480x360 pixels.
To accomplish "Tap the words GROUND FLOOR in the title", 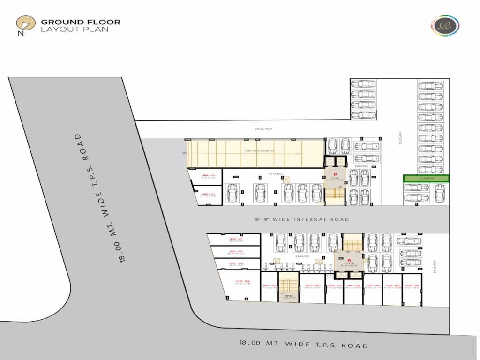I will pyautogui.click(x=81, y=22).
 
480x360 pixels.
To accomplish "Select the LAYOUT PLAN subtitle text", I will pyautogui.click(x=75, y=29).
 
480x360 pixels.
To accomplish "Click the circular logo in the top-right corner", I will pyautogui.click(x=442, y=25).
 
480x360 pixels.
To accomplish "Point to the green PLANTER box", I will pyautogui.click(x=426, y=178).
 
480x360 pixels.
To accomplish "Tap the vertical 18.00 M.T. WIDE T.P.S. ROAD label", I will pyautogui.click(x=100, y=197).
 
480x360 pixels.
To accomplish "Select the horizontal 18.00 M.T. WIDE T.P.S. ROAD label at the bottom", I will pyautogui.click(x=303, y=344).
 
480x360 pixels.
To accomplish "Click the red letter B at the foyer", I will pyautogui.click(x=335, y=174).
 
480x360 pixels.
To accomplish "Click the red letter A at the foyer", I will pyautogui.click(x=349, y=260).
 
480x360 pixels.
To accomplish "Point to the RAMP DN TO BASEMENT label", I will pyautogui.click(x=259, y=151).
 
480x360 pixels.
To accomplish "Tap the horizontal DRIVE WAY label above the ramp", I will pyautogui.click(x=263, y=129).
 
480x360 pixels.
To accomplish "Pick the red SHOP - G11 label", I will pyautogui.click(x=236, y=239).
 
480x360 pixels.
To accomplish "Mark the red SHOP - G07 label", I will pyautogui.click(x=268, y=285).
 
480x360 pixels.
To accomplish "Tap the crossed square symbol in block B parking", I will pyautogui.click(x=286, y=179).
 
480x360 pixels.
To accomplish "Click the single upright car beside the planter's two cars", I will pyautogui.click(x=440, y=193).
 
